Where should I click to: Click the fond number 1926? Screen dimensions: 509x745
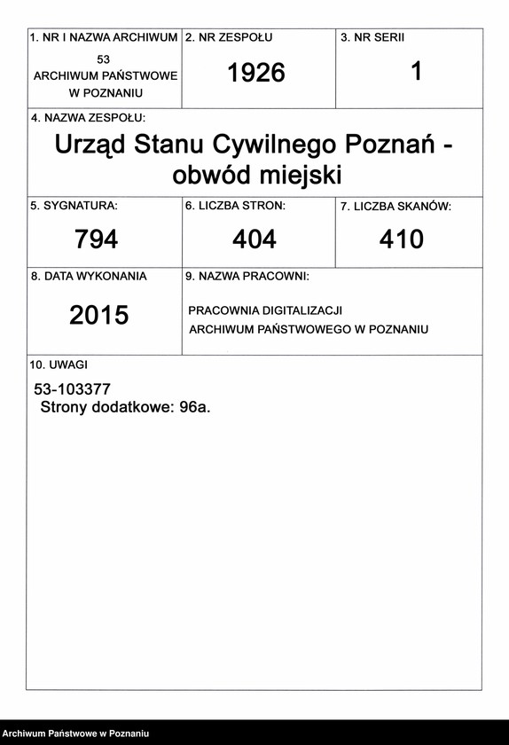coord(256,74)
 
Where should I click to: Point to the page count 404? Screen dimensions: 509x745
coord(254,239)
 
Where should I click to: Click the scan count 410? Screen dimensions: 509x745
coord(402,239)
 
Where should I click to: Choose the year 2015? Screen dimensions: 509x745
coord(99,315)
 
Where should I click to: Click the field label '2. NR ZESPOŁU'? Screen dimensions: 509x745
coord(229,38)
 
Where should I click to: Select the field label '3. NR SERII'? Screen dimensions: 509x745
coord(372,38)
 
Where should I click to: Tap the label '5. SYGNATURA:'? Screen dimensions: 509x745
coord(74,206)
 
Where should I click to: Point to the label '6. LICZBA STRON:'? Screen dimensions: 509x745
coord(235,206)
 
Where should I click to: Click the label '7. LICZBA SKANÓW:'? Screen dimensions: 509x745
coord(396,207)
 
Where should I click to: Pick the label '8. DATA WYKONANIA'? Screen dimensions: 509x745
coord(88,277)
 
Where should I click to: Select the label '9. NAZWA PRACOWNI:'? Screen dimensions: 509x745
coord(247,277)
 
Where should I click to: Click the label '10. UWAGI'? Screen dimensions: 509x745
coord(59,365)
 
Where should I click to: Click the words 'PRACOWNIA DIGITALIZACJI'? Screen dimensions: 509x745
coord(265,310)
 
